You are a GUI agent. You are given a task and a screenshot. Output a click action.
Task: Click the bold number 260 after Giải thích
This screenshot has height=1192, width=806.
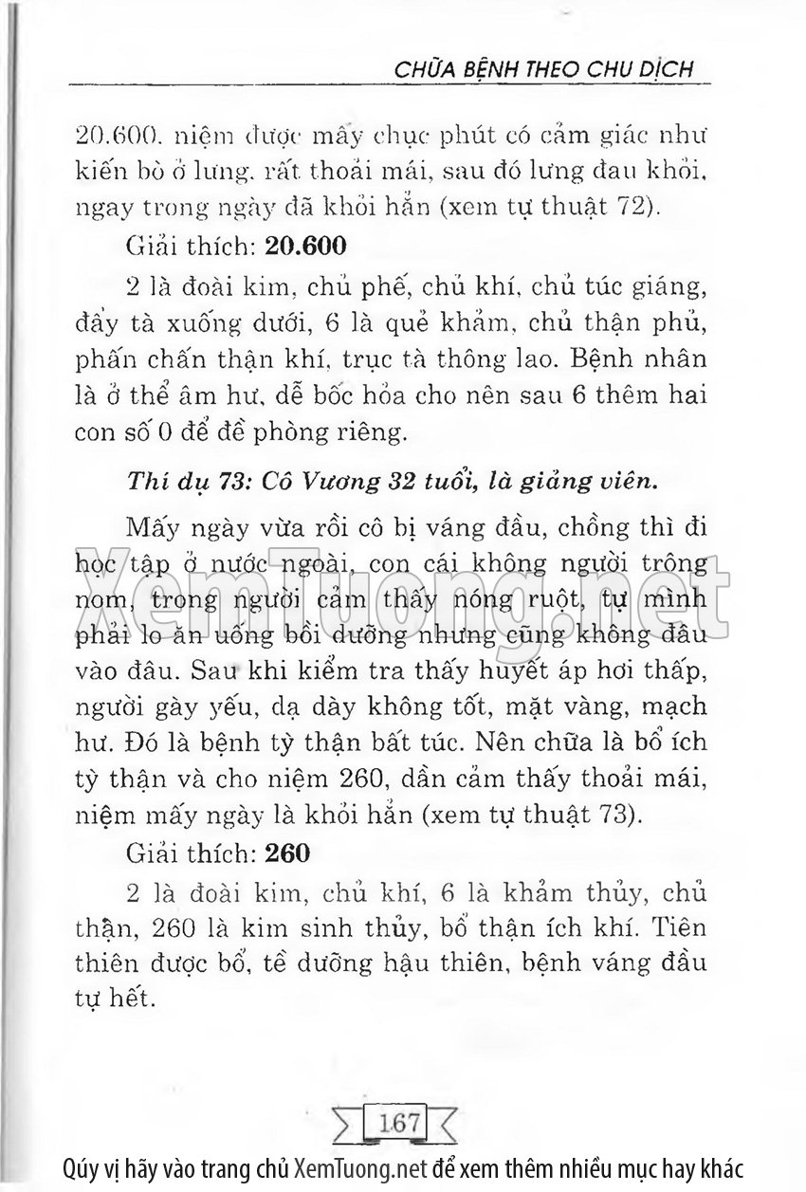pos(288,853)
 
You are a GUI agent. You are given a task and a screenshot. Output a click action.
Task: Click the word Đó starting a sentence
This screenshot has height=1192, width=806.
pos(146,744)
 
